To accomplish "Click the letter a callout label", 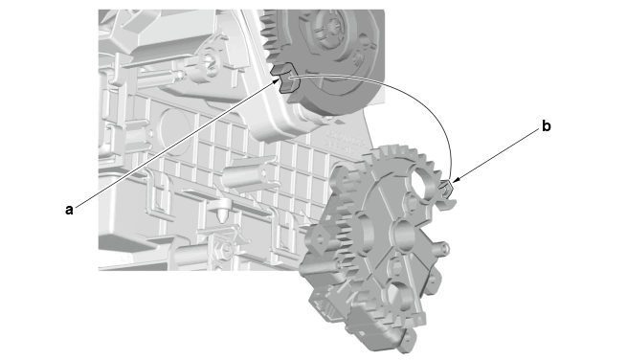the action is point(69,210).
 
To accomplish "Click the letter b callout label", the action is point(547,126).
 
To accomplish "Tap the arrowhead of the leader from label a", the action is point(277,80).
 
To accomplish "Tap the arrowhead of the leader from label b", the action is point(456,180).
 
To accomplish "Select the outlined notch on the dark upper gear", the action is point(284,78).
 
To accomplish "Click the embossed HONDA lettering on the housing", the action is point(347,139).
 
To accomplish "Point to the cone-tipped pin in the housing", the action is point(220,211).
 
